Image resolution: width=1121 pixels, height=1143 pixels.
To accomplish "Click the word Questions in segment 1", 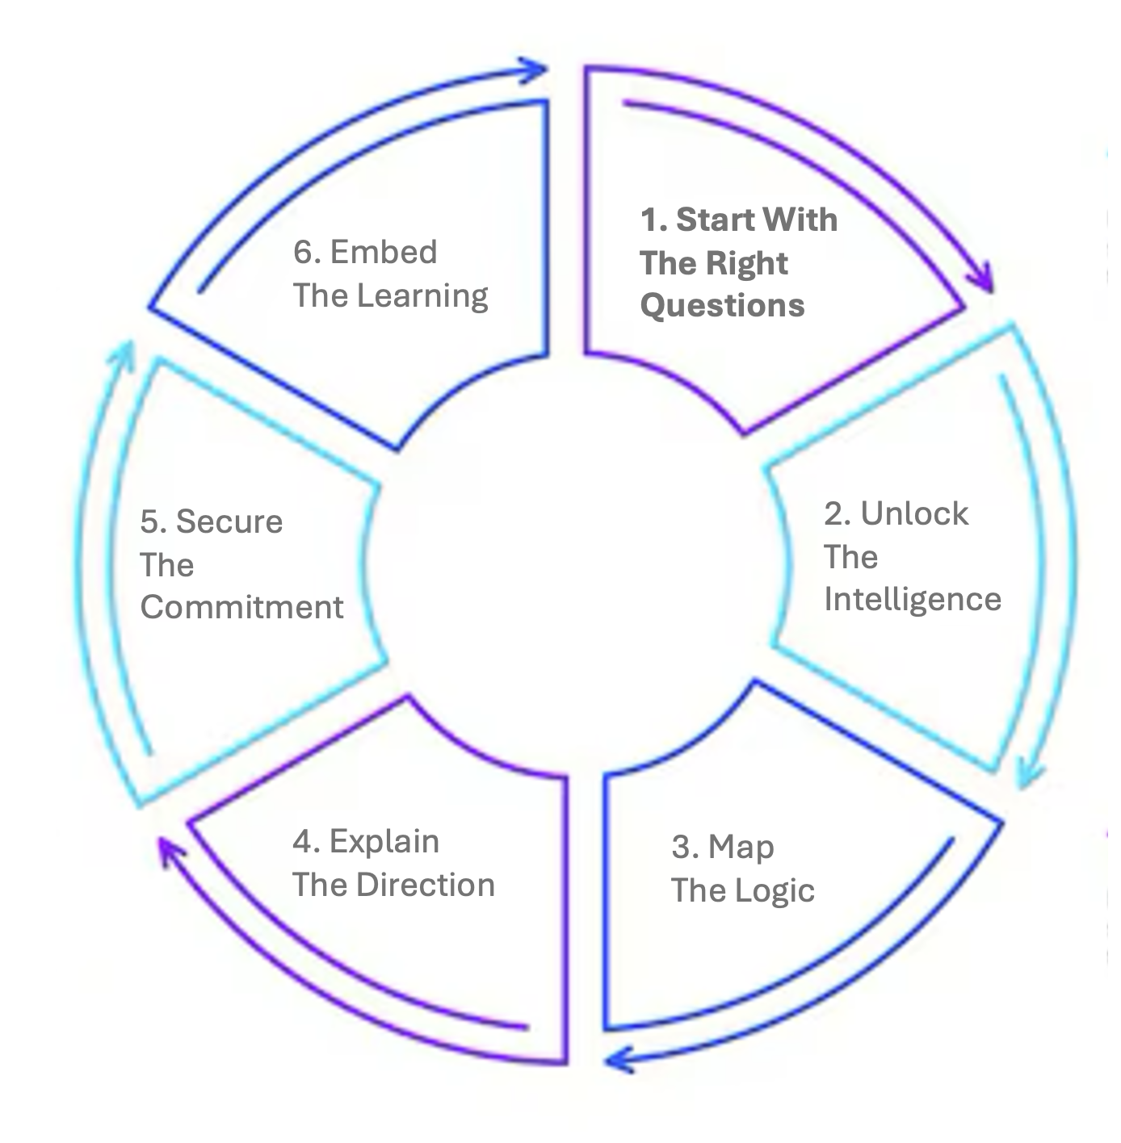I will pos(722,306).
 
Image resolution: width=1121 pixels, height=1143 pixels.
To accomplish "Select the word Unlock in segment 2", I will pos(914,513).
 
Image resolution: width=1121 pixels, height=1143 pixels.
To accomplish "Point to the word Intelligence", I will pos(913,599).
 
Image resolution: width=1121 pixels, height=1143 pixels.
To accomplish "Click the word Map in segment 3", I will pos(741,848).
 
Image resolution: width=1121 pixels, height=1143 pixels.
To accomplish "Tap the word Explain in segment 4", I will pos(384,842).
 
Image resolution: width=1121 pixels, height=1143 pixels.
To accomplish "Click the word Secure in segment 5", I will pos(229,521).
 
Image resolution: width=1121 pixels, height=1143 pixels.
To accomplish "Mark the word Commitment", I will pos(242,607).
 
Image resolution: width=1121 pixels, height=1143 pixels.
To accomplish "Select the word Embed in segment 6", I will pos(384,252).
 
